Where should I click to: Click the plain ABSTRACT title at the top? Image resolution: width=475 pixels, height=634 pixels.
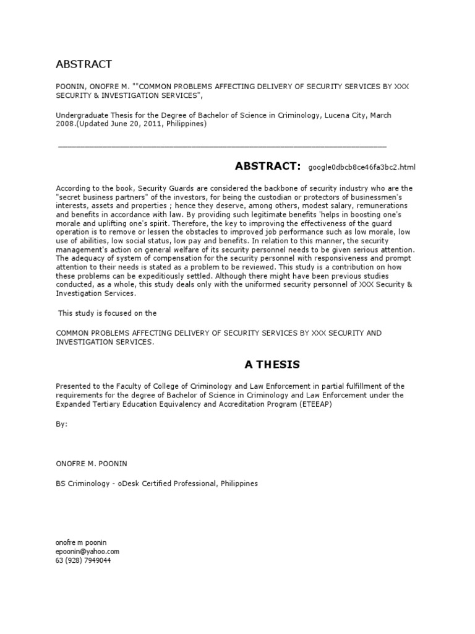tap(83, 64)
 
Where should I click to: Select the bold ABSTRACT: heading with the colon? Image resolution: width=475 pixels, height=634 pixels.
tap(267, 166)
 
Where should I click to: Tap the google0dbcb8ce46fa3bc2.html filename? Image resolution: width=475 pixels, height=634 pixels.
tap(362, 167)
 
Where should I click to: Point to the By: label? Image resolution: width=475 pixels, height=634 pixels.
tap(62, 424)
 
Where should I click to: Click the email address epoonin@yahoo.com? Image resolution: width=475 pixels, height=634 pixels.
tap(87, 551)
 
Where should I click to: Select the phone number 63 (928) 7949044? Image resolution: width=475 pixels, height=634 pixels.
tap(83, 560)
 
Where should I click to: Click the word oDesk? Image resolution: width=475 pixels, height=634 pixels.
tap(131, 483)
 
